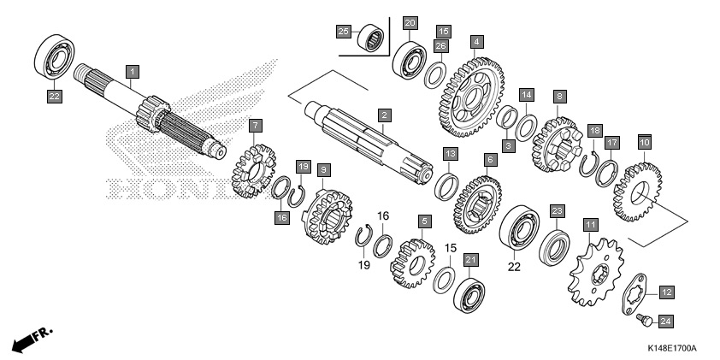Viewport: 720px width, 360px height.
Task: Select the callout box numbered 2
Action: (x=385, y=115)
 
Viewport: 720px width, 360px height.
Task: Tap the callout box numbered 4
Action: (x=476, y=40)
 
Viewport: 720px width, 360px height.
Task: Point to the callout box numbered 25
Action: (x=343, y=32)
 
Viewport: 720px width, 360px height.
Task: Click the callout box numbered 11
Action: (x=589, y=225)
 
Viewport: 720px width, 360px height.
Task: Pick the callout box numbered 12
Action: (x=666, y=292)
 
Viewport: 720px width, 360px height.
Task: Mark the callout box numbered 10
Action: (x=644, y=141)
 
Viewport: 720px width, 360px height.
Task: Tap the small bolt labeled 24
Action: (x=642, y=320)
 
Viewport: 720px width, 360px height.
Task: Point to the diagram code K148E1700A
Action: (x=671, y=349)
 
